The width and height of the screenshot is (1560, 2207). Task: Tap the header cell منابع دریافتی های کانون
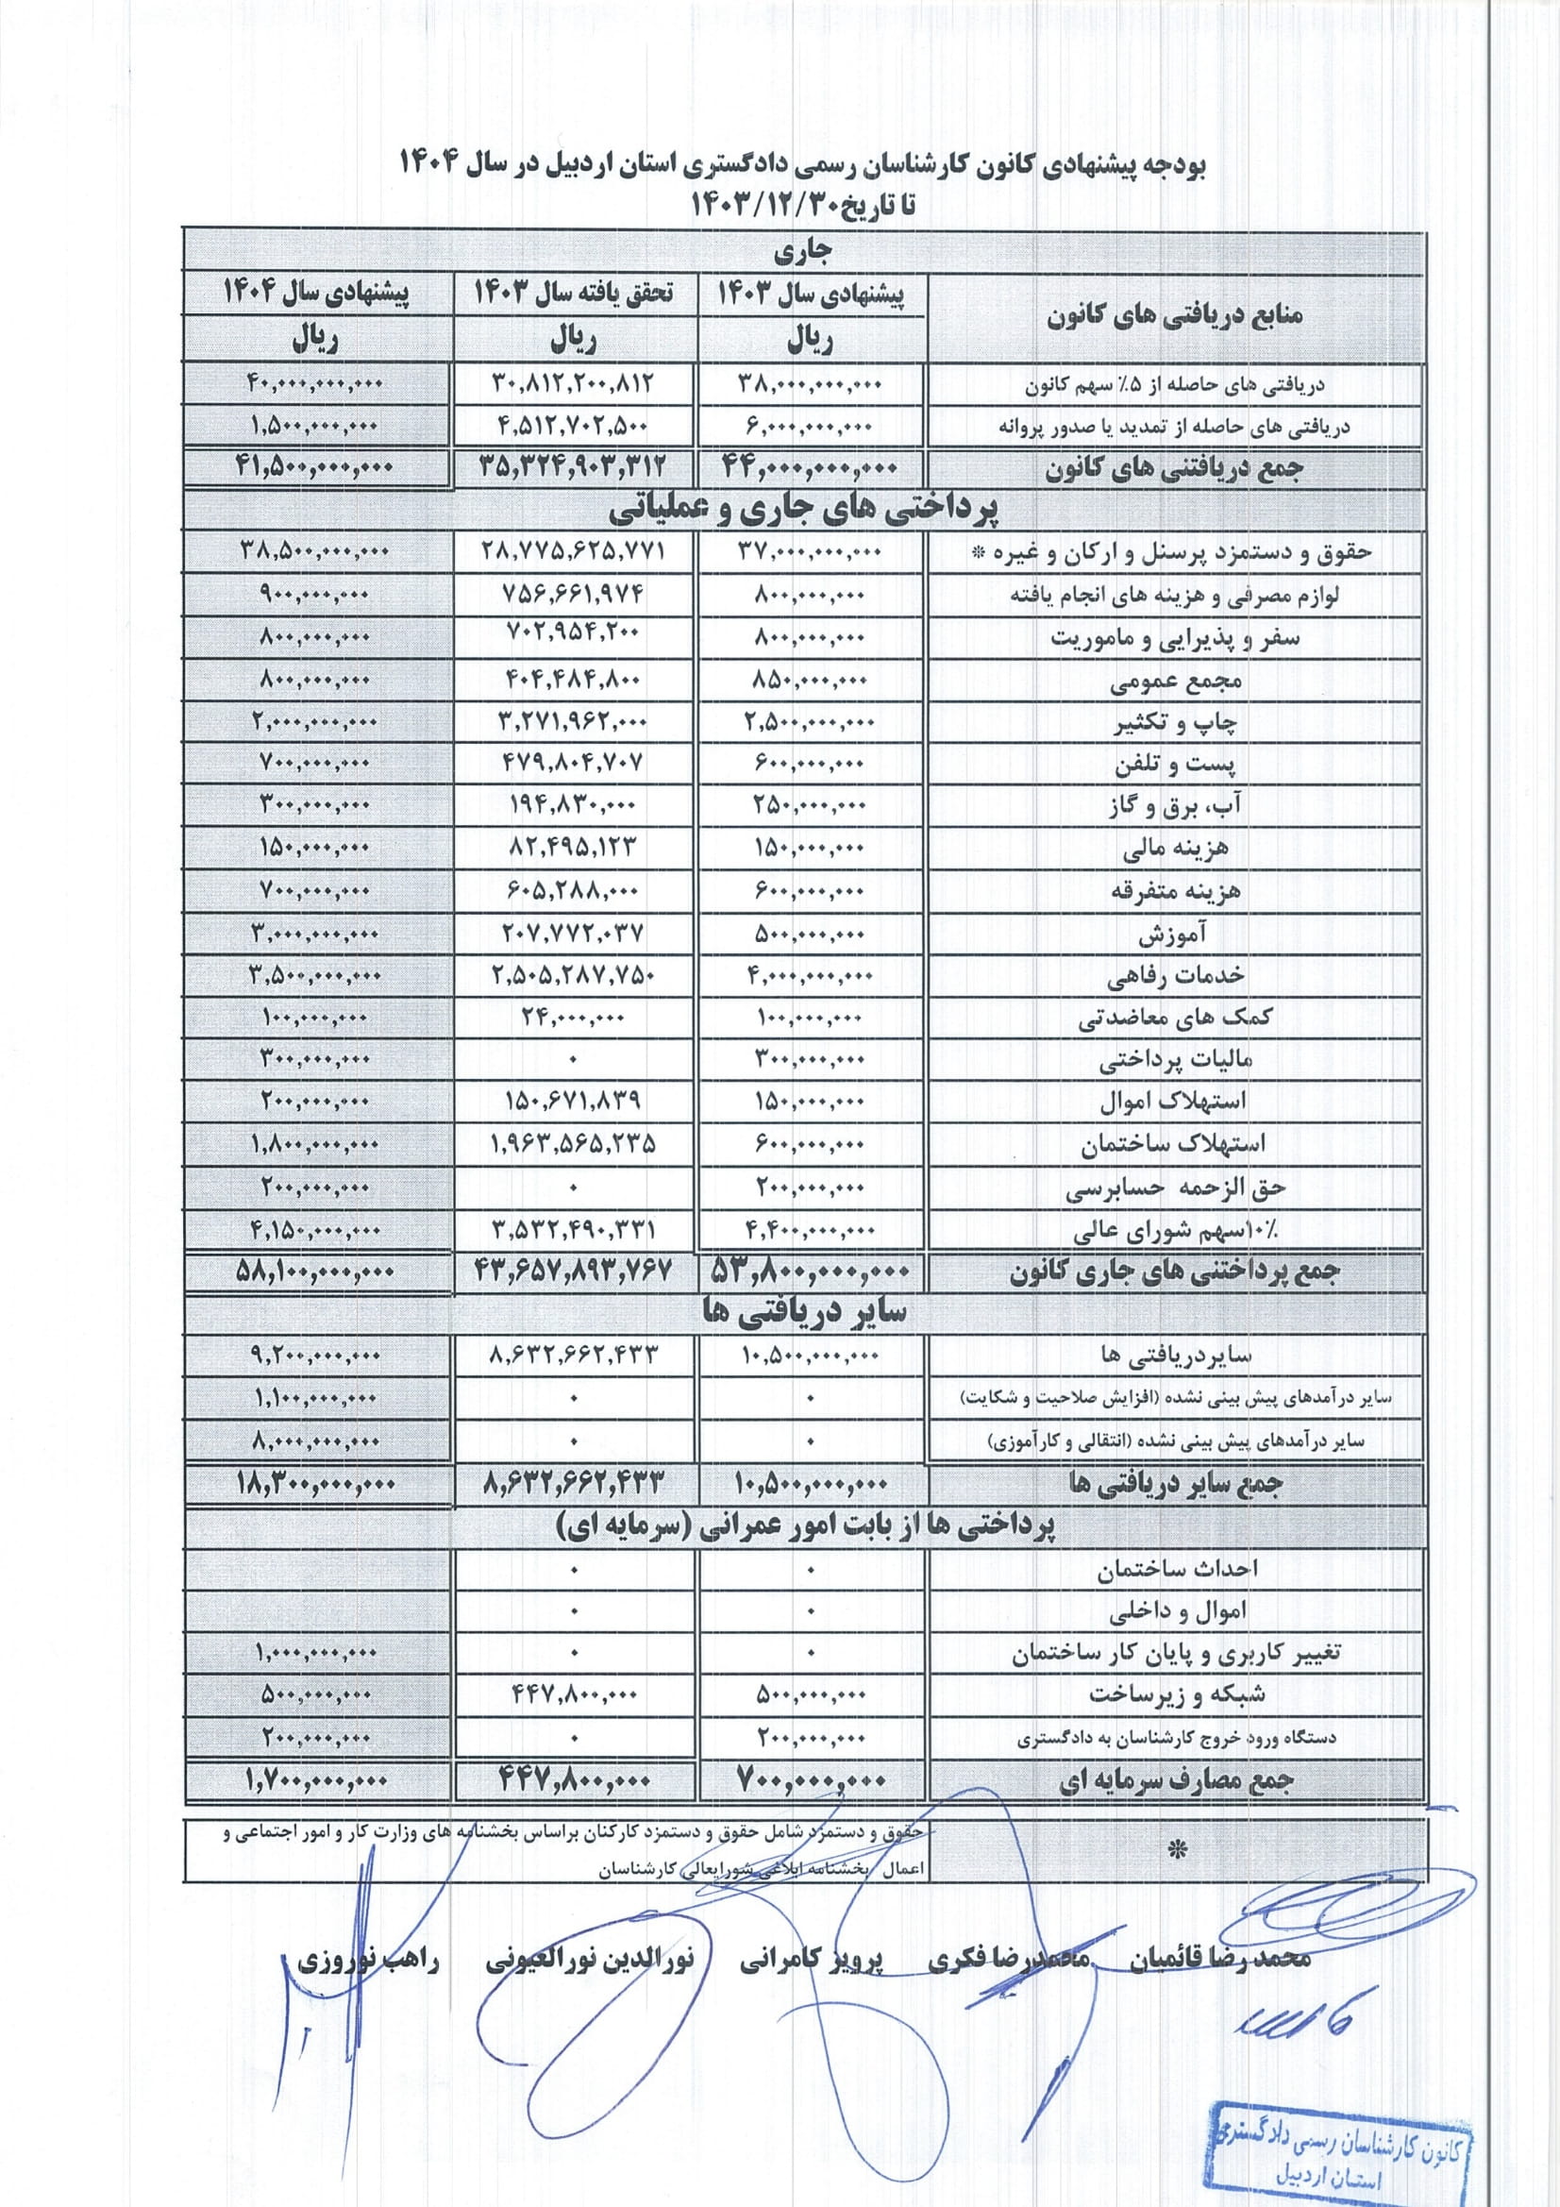click(x=1175, y=315)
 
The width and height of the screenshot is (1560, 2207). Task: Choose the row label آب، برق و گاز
click(x=1175, y=805)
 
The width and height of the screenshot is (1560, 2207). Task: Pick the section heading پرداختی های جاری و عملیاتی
click(x=802, y=510)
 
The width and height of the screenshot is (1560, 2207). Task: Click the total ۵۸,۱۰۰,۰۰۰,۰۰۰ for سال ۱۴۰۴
click(x=315, y=1272)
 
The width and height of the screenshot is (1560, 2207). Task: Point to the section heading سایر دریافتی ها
click(x=802, y=1314)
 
